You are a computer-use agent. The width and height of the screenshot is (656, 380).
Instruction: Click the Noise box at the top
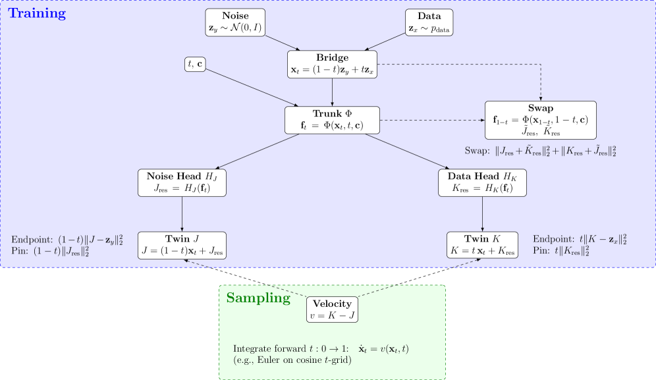[x=235, y=22]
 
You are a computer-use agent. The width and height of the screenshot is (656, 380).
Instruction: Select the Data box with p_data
[x=429, y=22]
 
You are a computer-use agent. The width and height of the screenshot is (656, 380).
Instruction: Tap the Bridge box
[x=333, y=64]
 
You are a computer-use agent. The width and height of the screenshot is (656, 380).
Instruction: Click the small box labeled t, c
[x=196, y=65]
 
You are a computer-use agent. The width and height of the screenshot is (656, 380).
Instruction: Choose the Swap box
[x=540, y=120]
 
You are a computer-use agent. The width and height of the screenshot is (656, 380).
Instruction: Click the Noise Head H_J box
[x=182, y=182]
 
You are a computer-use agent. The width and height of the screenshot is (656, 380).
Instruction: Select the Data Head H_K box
[x=483, y=182]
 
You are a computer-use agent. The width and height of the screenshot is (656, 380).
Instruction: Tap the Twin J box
[x=182, y=245]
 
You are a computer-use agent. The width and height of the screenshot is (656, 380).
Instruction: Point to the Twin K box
[x=483, y=245]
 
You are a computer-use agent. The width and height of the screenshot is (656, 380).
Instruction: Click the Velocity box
[x=332, y=310]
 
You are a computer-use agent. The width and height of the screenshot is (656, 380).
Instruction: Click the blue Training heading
[x=37, y=13]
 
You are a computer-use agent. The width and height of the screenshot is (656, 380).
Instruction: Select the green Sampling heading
[x=258, y=298]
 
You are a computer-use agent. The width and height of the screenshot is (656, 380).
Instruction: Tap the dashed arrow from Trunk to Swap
[x=432, y=121]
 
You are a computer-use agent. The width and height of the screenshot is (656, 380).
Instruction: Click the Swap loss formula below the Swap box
[x=540, y=152]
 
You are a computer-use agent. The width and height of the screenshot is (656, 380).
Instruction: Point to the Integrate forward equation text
[x=325, y=348]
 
